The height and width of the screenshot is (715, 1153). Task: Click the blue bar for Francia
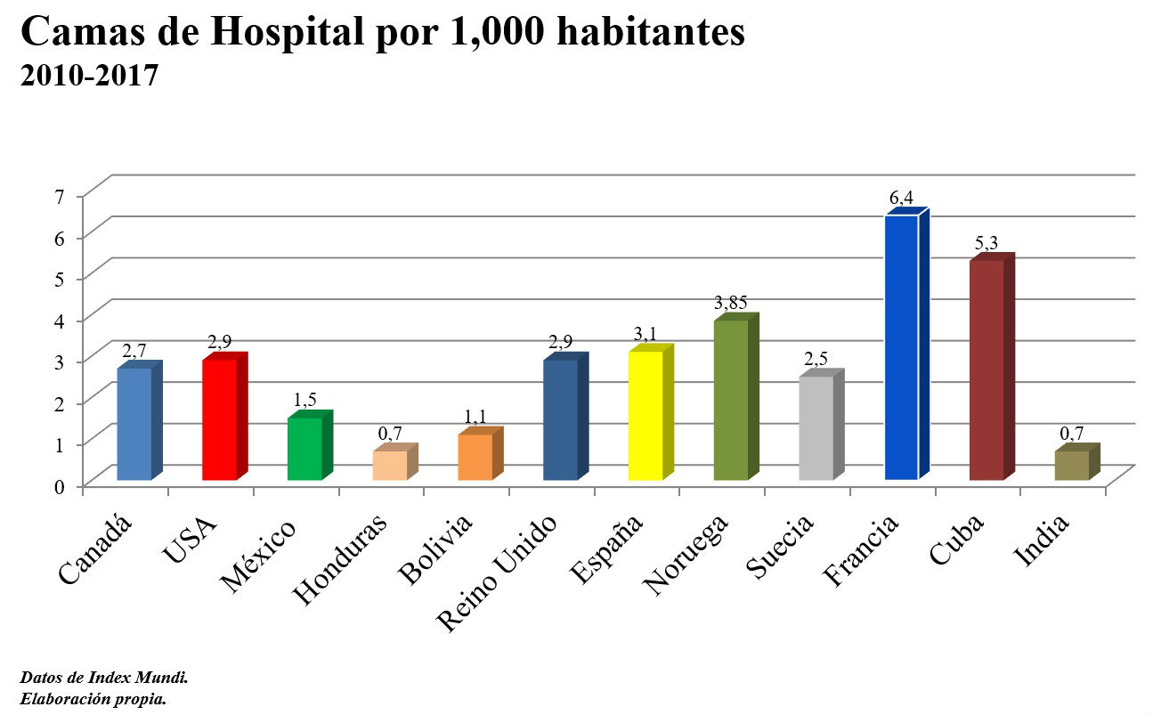click(902, 347)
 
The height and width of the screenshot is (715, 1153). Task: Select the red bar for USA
click(219, 419)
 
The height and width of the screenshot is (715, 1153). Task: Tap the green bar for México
click(304, 449)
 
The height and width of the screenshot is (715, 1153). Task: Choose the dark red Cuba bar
click(987, 370)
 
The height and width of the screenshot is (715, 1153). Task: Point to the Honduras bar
click(390, 465)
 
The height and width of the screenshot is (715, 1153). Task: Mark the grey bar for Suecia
click(816, 428)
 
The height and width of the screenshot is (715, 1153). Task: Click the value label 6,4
click(901, 197)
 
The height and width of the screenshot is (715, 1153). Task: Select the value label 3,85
click(730, 302)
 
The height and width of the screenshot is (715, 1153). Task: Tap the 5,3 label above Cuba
click(987, 242)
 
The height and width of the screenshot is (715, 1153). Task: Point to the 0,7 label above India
click(1072, 433)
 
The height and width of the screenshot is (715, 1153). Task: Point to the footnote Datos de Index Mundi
click(103, 678)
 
